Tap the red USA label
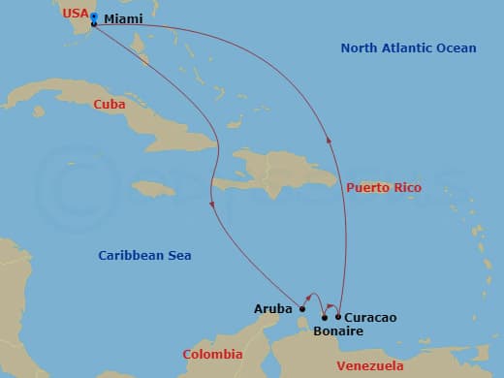click(75, 14)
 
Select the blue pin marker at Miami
click(93, 17)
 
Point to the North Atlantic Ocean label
click(408, 48)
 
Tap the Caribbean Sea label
click(144, 255)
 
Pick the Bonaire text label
click(338, 331)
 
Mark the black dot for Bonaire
click(324, 317)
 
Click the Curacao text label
click(370, 317)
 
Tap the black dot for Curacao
click(338, 316)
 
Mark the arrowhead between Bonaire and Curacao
click(331, 303)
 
